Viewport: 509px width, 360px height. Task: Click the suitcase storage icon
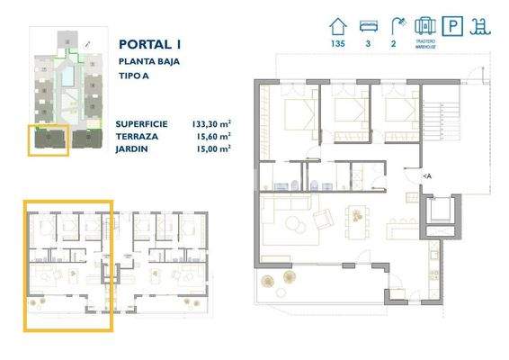[427, 27]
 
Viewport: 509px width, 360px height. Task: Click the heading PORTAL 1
[149, 42]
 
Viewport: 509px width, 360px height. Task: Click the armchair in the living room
[321, 220]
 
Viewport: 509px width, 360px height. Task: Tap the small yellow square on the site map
[49, 140]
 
